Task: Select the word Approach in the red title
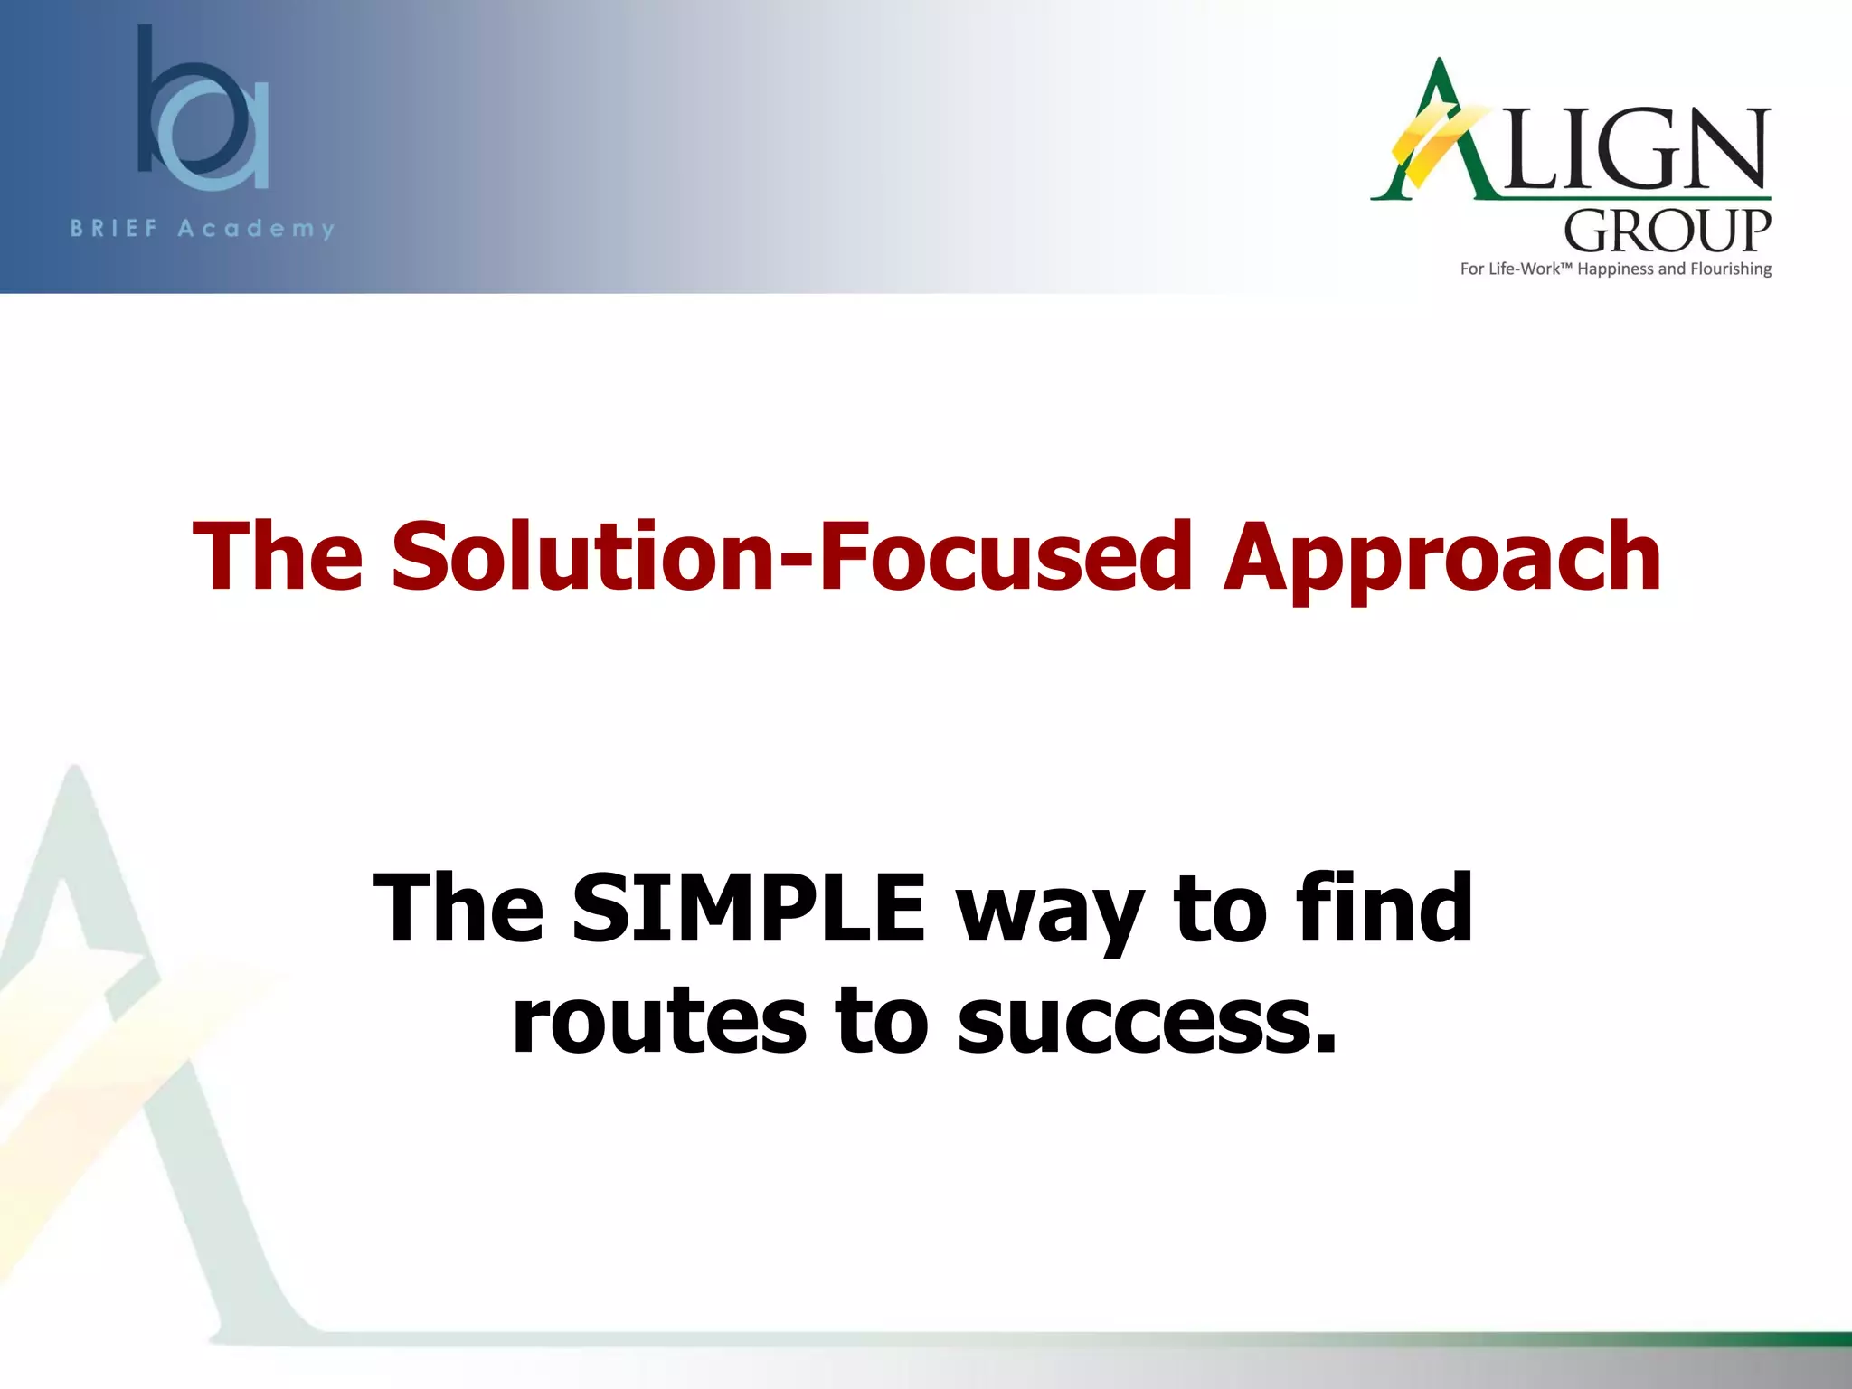1441,559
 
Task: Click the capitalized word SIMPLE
749,907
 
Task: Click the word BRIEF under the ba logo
115,229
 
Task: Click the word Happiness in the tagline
1615,269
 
